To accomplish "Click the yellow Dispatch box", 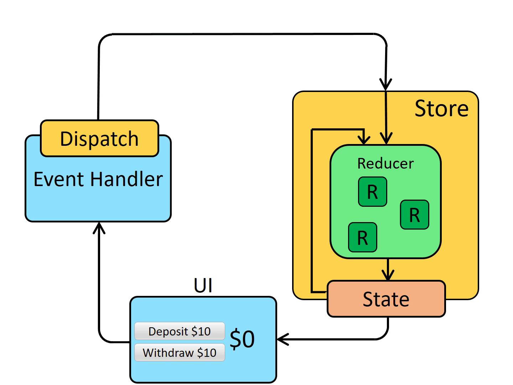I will point(99,138).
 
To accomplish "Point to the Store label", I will point(441,108).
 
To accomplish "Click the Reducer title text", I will point(385,164).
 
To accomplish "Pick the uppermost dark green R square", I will point(372,192).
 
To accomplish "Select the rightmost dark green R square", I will point(414,215).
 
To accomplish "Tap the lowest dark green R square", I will point(362,237).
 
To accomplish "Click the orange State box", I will point(386,299).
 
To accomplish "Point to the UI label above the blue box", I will point(203,286).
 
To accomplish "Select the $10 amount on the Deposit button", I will point(201,332).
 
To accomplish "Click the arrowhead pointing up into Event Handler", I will point(99,227).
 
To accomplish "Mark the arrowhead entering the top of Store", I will point(386,85).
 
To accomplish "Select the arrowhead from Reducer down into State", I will point(388,275).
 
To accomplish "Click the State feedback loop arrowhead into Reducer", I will point(364,139).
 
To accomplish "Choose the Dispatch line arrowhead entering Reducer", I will point(386,139).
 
